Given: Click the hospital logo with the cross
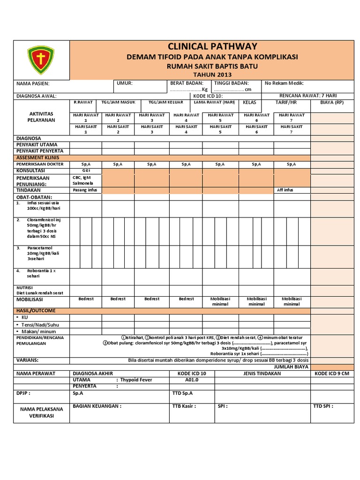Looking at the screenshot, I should (x=41, y=59).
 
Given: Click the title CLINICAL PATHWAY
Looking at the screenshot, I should (x=212, y=46).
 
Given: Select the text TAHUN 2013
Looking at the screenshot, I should (x=212, y=75).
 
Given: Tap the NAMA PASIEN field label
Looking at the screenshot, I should (x=33, y=83).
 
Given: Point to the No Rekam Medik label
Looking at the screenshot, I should (x=284, y=83).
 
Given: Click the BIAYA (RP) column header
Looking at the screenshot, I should (x=332, y=102).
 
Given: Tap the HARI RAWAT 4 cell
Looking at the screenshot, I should (x=186, y=118).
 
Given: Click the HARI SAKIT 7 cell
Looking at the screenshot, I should (x=291, y=129).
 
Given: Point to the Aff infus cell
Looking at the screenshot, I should (x=285, y=190).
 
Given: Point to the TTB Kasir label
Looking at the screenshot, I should (x=184, y=406).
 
